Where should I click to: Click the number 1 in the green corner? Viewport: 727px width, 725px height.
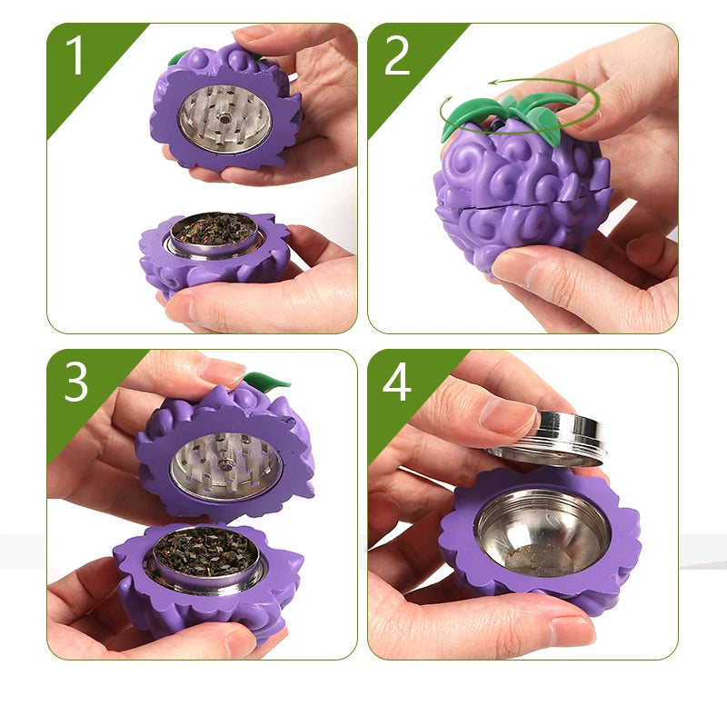coord(75,56)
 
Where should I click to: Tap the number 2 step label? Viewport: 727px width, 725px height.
coord(397,56)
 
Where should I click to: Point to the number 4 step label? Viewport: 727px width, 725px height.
coord(397,382)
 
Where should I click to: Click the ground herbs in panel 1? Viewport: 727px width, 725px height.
coord(214,228)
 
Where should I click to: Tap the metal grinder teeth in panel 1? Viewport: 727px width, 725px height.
coord(224,118)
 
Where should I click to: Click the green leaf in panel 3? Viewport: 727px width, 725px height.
coord(267,380)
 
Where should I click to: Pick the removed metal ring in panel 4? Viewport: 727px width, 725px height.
coord(550,437)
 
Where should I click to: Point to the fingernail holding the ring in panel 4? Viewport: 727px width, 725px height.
coord(508,415)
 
